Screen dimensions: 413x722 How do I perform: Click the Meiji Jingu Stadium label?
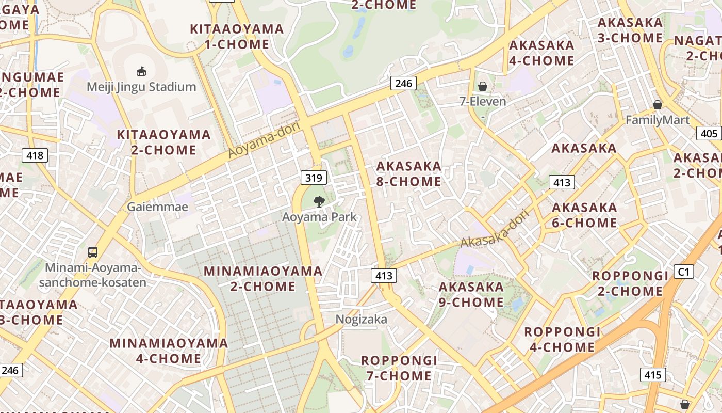point(141,86)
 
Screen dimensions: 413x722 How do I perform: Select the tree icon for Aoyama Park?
point(319,201)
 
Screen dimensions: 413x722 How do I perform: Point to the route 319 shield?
point(314,178)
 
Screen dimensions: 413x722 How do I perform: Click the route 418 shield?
point(35,155)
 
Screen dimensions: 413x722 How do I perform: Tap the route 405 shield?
point(709,134)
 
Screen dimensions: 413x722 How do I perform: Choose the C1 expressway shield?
point(684,272)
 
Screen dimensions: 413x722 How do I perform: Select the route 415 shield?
point(653,375)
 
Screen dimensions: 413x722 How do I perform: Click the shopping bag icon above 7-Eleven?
point(483,86)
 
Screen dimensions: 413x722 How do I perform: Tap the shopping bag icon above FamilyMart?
point(658,105)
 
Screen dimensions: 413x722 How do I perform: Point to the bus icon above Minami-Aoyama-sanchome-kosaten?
point(93,252)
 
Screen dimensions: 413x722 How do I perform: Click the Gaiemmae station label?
point(158,207)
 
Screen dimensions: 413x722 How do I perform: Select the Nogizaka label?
point(361,319)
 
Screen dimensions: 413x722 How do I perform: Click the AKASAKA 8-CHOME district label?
point(409,174)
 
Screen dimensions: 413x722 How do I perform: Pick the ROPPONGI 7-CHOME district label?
point(399,368)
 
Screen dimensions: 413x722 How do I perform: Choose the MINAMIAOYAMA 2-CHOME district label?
point(263,278)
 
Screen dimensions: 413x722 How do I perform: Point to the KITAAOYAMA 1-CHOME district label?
point(237,37)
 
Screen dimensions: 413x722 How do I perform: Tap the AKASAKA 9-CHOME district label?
point(471,294)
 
